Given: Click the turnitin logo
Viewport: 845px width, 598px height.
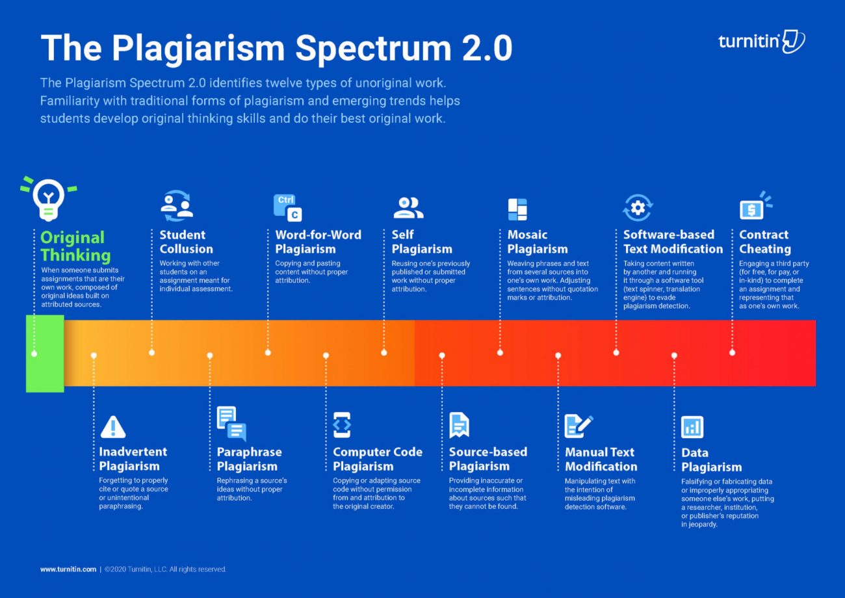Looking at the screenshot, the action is click(x=761, y=41).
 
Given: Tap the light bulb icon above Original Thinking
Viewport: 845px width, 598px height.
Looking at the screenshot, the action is click(x=48, y=199).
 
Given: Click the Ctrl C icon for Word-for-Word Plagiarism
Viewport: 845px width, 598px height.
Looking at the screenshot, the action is click(x=287, y=207).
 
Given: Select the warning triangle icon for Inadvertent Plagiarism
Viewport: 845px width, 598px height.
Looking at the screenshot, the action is click(x=113, y=426).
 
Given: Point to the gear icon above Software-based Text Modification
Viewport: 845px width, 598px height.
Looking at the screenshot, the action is click(x=638, y=207).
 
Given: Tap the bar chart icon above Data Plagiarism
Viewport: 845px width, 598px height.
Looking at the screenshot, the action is click(x=692, y=427).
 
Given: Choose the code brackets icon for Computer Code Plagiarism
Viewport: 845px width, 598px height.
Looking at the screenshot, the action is click(x=342, y=425).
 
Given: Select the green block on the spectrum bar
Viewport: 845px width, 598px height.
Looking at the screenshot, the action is click(x=45, y=354).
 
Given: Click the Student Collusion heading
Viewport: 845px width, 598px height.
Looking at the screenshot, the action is click(x=186, y=242).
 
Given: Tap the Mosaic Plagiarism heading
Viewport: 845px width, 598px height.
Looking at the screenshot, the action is click(x=537, y=242).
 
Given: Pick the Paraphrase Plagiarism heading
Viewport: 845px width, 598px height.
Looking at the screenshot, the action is click(x=249, y=459).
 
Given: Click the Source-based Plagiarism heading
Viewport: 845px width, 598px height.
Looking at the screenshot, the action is click(x=487, y=459).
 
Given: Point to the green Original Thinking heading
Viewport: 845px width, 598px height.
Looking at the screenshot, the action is click(x=75, y=246).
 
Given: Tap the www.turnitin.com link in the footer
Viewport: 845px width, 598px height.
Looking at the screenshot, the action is click(x=68, y=569).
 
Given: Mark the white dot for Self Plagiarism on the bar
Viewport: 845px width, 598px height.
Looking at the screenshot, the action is click(x=384, y=353).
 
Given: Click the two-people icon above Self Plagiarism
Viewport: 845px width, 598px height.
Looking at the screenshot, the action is click(x=408, y=207).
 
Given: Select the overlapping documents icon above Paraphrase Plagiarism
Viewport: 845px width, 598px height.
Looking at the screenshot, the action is click(x=231, y=424).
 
